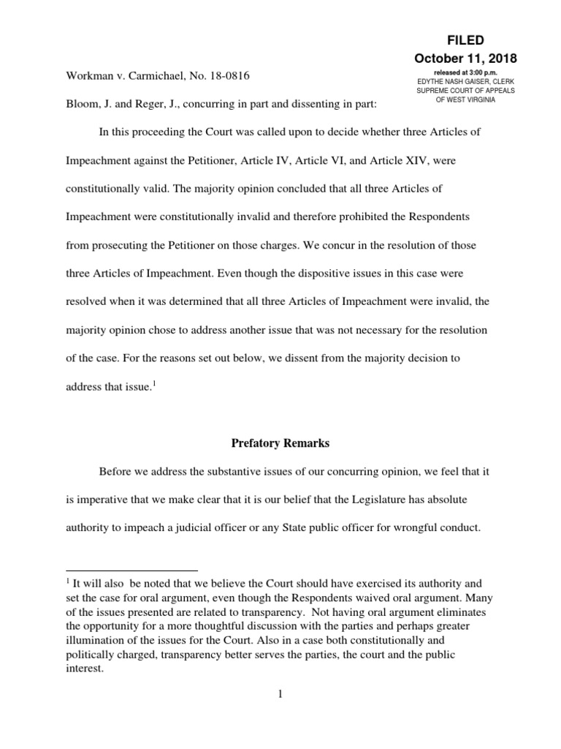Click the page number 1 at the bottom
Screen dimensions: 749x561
[x=280, y=694]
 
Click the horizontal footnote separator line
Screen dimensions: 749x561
[x=131, y=570]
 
